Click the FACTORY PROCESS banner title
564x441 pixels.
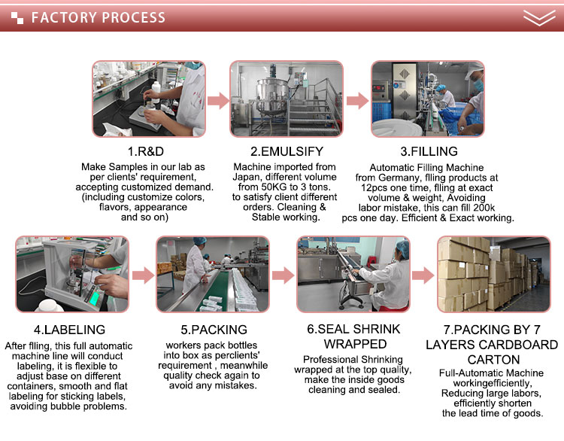pos(98,17)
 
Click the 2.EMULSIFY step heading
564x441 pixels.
pos(287,150)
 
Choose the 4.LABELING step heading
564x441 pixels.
pos(69,329)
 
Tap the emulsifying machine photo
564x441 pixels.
pos(287,98)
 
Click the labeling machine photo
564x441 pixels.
pos(72,274)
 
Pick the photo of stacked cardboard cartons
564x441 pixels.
pos(494,274)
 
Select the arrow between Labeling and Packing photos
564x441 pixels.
pos(142,275)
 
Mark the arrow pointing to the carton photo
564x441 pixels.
pos(423,275)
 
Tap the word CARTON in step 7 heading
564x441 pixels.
pos(494,359)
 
